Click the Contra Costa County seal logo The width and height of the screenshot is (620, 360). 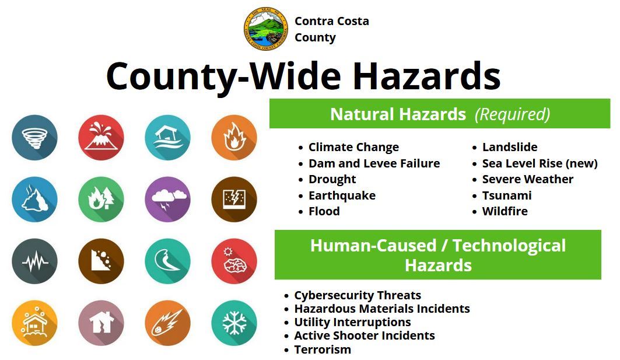tap(265, 29)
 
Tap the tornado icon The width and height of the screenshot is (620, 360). tap(34, 138)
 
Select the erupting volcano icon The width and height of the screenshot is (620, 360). tap(101, 138)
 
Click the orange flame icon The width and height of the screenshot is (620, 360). tap(234, 138)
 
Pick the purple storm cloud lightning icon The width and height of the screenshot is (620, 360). tap(167, 200)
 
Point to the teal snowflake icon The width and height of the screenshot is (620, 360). tap(234, 323)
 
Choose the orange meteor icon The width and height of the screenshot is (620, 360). tap(167, 323)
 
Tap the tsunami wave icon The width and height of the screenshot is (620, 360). tap(167, 261)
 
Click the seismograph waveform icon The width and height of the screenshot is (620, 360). tap(34, 261)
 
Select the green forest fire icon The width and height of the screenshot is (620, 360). tap(101, 200)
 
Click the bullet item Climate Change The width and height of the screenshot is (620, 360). tap(353, 147)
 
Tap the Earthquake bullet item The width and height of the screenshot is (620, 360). tap(342, 195)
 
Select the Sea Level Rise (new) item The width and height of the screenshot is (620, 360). tap(540, 163)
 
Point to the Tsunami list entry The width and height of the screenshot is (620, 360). tap(506, 195)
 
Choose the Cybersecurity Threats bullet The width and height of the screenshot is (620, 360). tap(357, 295)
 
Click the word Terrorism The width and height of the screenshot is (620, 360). tap(323, 349)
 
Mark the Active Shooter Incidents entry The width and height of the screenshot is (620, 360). tap(364, 335)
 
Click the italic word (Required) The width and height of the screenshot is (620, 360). tap(512, 114)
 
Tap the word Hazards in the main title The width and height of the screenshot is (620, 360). tap(426, 76)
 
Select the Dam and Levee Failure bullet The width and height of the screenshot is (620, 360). tap(374, 163)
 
